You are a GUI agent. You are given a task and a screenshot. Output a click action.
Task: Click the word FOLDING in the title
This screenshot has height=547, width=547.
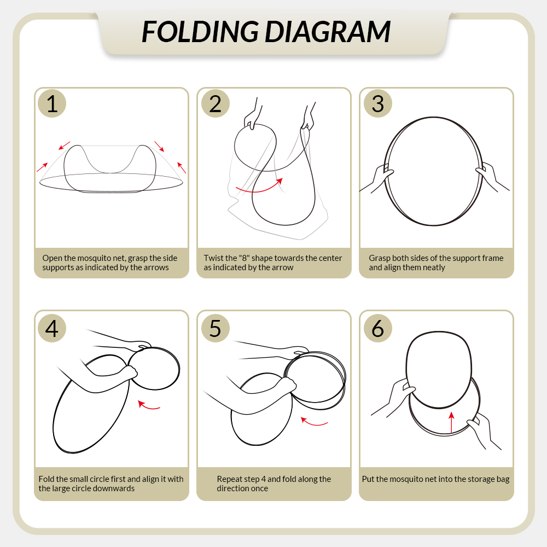tap(201, 32)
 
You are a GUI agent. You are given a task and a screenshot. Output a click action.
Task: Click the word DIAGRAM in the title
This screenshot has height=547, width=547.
tap(328, 32)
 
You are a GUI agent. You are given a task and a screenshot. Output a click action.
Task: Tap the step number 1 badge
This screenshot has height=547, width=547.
tap(52, 103)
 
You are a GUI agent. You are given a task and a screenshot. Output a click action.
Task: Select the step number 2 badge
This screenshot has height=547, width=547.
tap(215, 103)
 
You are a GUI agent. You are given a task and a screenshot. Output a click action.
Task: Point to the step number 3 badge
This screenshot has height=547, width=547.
tap(378, 103)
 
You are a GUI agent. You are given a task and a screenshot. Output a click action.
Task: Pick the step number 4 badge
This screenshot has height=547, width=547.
tap(52, 328)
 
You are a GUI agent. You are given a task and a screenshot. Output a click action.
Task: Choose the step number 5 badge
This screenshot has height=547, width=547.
tap(215, 328)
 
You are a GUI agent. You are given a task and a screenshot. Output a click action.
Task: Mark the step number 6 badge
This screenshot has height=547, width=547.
tap(378, 328)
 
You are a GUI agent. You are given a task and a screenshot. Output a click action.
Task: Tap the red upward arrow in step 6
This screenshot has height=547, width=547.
tap(451, 422)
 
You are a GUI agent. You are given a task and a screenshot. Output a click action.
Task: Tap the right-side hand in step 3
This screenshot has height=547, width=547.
tap(492, 176)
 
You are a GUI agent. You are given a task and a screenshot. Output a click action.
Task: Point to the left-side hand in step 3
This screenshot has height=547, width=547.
tap(377, 179)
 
